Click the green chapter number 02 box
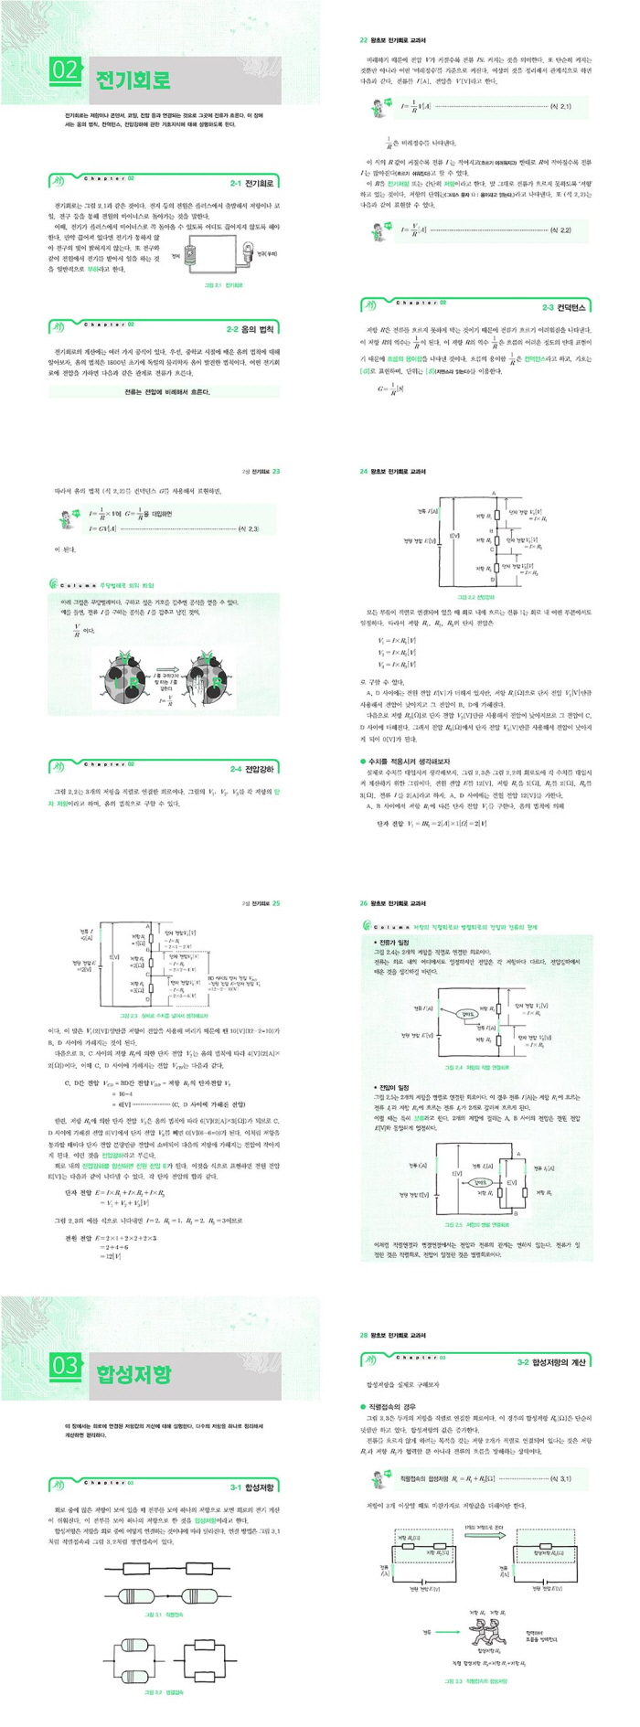coord(66,69)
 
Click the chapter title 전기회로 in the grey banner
coord(133,80)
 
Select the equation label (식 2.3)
coord(248,528)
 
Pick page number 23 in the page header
coord(276,472)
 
